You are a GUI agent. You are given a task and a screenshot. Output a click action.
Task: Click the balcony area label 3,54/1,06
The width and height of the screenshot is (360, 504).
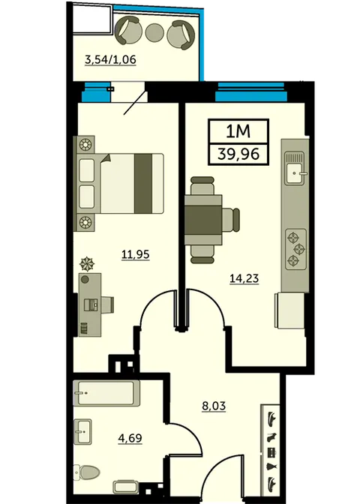click(x=110, y=60)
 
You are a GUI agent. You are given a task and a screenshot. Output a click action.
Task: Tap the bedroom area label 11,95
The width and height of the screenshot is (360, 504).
click(x=135, y=254)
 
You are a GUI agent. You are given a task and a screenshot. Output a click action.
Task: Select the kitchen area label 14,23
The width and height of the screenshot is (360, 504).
click(x=244, y=278)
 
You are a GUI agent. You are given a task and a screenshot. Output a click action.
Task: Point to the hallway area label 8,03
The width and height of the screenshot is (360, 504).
click(x=214, y=406)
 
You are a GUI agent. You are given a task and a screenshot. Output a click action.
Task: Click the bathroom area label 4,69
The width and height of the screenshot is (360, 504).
click(x=130, y=438)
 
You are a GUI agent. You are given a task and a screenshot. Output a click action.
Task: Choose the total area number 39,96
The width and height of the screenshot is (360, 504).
click(x=238, y=154)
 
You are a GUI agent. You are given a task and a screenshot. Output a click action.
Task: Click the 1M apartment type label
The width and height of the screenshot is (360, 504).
click(x=238, y=131)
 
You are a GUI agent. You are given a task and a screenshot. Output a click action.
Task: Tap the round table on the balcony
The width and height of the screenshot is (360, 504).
click(x=155, y=31)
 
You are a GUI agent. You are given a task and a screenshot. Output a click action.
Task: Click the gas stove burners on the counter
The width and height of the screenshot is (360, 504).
click(x=295, y=248)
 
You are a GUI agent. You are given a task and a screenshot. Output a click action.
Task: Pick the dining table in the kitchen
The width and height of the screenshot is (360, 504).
click(x=203, y=220)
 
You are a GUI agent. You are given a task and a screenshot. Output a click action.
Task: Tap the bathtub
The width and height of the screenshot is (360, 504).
click(x=106, y=393)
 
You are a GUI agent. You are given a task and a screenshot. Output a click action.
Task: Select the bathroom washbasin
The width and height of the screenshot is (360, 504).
click(x=82, y=432)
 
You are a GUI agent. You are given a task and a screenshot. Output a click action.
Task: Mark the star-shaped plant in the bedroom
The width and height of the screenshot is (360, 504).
click(x=87, y=264)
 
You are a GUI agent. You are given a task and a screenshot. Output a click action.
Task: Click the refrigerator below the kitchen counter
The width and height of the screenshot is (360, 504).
click(x=289, y=310)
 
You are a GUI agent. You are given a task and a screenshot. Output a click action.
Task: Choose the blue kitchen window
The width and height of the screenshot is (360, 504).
click(x=251, y=91)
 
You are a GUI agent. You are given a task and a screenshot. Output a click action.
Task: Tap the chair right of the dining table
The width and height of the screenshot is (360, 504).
click(x=231, y=220)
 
